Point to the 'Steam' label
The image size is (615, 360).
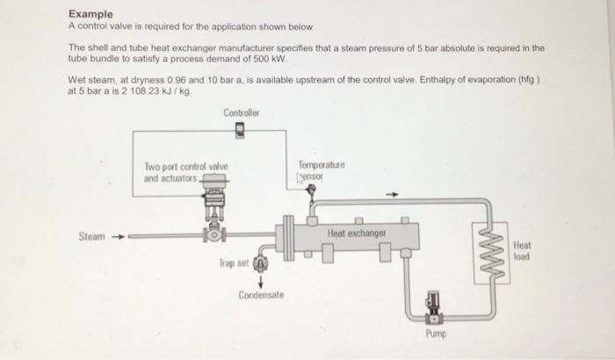(91, 236)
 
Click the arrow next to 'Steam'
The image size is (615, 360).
(118, 236)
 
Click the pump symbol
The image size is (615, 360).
(434, 307)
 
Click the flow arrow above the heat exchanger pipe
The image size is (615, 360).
(395, 195)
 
